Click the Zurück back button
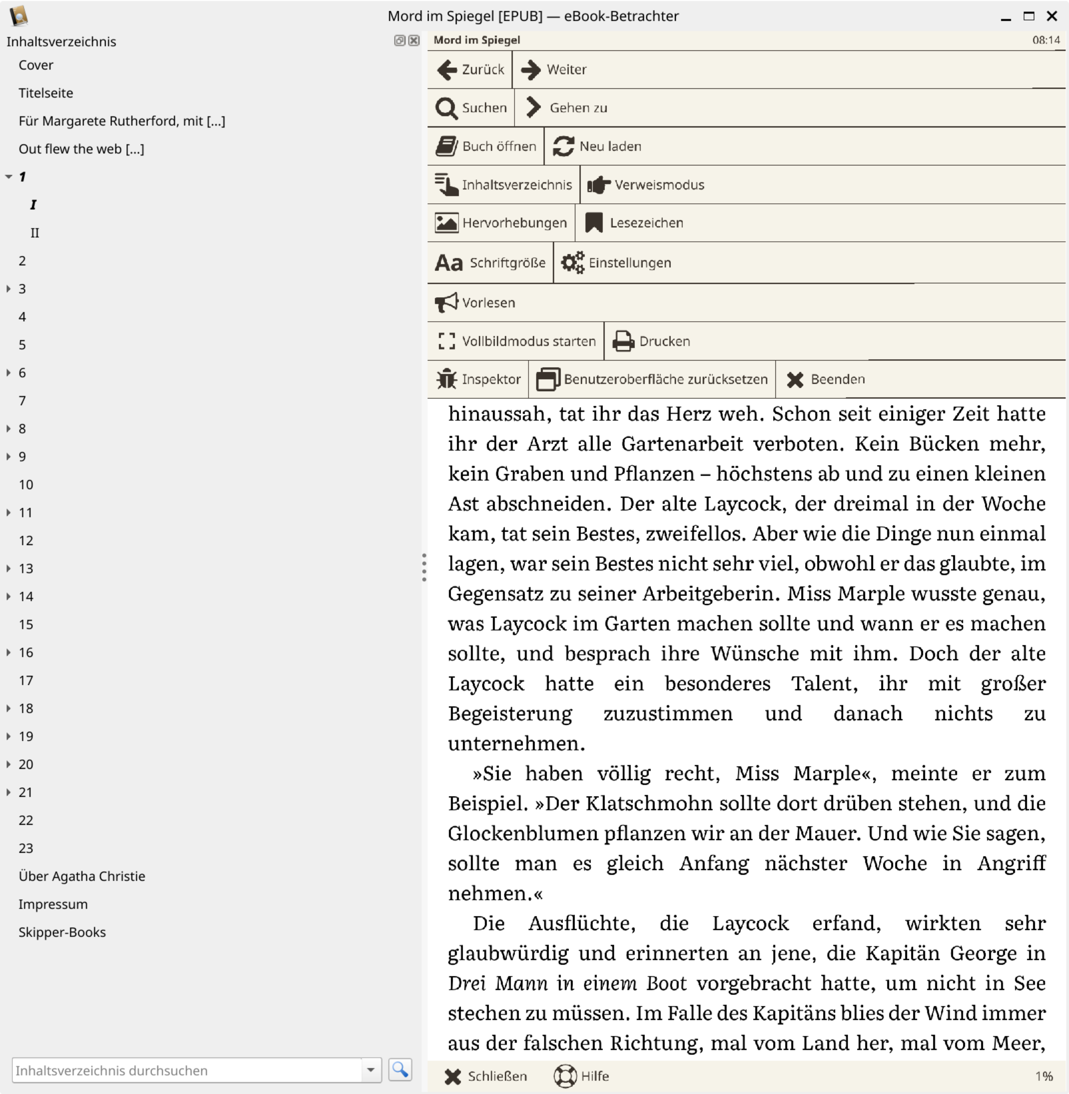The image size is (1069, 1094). (470, 69)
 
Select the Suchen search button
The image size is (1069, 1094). (471, 108)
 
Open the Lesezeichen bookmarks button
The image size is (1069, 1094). (634, 223)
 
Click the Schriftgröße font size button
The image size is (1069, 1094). (490, 263)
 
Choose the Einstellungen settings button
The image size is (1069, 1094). (616, 263)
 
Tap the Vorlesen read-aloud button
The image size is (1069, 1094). (475, 303)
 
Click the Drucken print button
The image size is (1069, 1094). (651, 342)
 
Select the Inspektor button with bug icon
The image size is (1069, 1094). (479, 380)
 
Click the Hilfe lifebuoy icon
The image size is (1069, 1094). (565, 1076)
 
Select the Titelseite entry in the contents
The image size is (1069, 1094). (45, 93)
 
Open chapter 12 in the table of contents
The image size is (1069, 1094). (26, 541)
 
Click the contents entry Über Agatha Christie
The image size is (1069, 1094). (81, 877)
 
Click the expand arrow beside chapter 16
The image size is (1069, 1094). (8, 652)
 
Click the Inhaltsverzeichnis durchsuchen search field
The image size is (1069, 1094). (185, 1071)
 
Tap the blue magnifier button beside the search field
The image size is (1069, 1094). (400, 1070)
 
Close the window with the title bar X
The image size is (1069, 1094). (1052, 16)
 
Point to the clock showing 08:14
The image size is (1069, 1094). (1046, 40)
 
